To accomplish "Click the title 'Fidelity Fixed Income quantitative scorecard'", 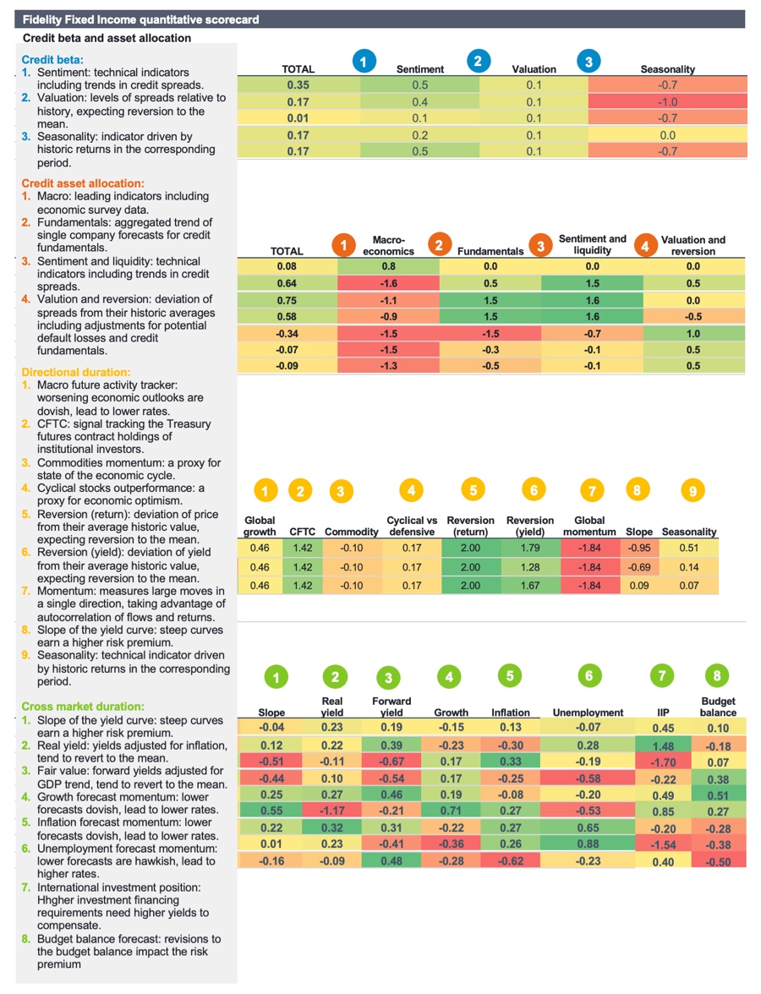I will point(140,19).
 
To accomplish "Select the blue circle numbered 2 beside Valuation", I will point(478,62).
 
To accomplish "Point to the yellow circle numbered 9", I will point(691,491).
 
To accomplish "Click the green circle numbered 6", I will point(589,675).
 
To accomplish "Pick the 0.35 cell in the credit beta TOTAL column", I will point(298,85).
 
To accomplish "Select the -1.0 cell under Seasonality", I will point(667,101).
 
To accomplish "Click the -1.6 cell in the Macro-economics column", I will point(388,283).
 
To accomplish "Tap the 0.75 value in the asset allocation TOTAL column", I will point(286,300).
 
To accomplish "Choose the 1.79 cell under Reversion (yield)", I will point(529,547).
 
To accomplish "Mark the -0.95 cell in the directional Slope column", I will point(638,547).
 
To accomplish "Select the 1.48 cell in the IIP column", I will point(663,745).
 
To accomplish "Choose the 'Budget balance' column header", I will point(718,707).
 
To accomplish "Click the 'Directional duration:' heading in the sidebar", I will point(74,372).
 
